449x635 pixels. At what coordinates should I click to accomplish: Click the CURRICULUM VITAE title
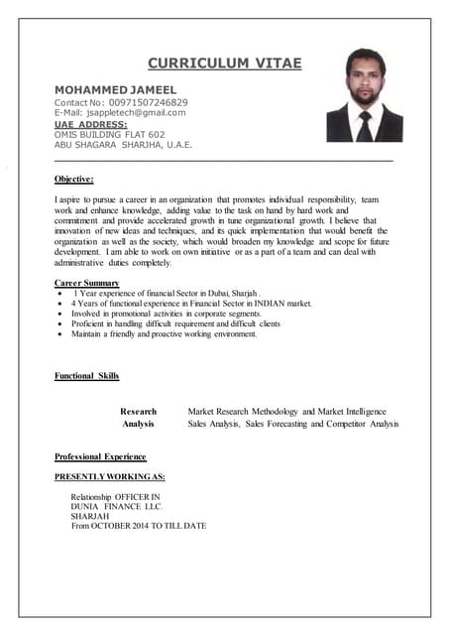point(225,64)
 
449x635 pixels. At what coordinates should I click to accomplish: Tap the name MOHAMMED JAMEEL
point(115,89)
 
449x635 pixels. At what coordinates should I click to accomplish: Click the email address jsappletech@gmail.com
point(135,113)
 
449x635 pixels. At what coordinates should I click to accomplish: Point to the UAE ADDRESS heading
point(90,124)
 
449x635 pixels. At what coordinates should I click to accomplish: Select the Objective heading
point(74,179)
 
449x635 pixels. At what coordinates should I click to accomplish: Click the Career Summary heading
point(86,284)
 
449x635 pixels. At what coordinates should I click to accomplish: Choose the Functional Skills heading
point(86,376)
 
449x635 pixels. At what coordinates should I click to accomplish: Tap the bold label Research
point(138,411)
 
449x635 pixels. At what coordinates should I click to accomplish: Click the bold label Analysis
point(138,424)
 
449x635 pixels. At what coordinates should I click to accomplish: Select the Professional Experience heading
point(100,456)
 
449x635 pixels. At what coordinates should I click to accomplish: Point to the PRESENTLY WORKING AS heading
point(110,477)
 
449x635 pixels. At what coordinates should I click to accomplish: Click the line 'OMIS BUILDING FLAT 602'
point(109,135)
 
